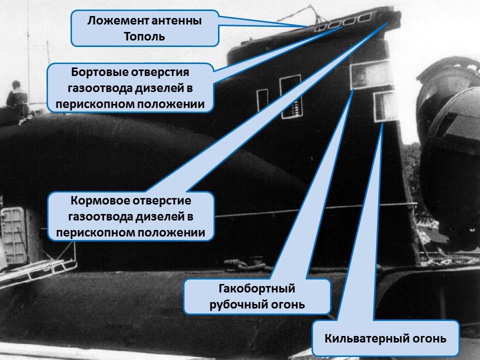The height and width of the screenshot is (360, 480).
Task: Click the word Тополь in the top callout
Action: [x=144, y=36]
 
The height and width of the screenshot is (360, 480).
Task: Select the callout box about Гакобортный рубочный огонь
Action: [x=257, y=296]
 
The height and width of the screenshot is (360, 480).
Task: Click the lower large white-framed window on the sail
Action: [x=385, y=105]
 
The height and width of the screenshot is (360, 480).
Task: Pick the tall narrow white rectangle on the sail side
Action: [x=290, y=96]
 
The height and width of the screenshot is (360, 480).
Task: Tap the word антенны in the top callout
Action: [x=175, y=21]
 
